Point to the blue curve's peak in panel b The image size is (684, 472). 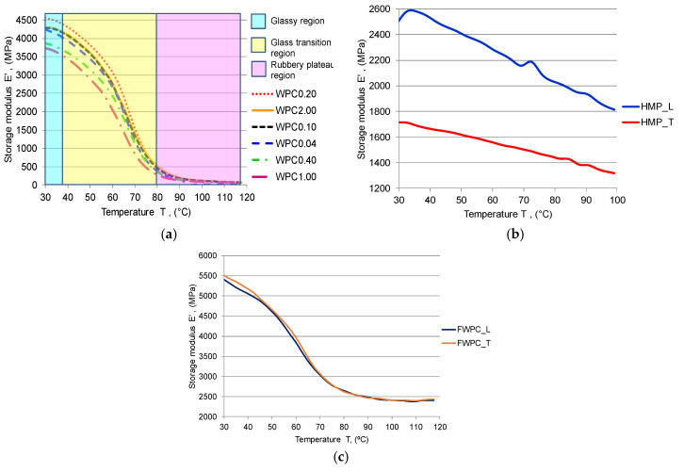tap(411, 10)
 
